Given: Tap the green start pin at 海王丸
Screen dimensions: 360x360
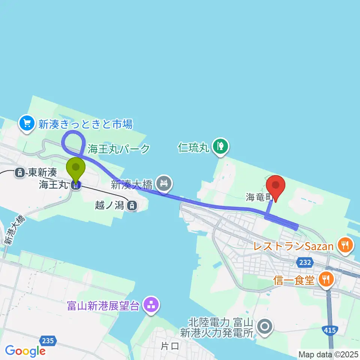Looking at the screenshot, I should [x=76, y=169].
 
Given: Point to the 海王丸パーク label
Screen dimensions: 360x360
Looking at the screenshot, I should [x=118, y=148].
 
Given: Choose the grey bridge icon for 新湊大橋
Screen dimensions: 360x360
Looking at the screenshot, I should [x=164, y=184].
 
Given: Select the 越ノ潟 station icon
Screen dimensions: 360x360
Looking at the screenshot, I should [x=132, y=205].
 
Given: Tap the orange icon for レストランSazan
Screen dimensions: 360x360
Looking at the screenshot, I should [x=344, y=246].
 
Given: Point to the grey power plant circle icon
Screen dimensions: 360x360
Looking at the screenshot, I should [x=265, y=326].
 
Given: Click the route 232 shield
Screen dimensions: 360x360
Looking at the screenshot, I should [x=305, y=262].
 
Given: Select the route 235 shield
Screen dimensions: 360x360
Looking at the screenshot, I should [x=48, y=340].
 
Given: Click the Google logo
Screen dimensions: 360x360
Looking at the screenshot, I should [x=25, y=351].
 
